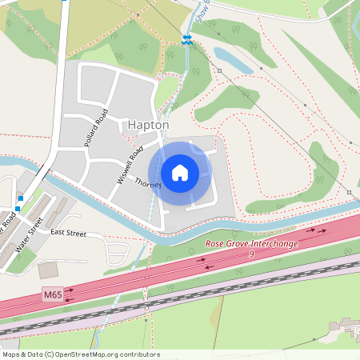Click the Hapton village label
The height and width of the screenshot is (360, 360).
pyautogui.click(x=148, y=126)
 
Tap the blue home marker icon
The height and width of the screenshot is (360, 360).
pyautogui.click(x=180, y=172)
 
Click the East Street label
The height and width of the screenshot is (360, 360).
pyautogui.click(x=67, y=233)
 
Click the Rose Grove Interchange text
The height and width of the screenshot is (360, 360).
pyautogui.click(x=252, y=242)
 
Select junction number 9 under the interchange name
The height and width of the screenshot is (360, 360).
pyautogui.click(x=252, y=253)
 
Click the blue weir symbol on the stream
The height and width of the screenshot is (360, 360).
pyautogui.click(x=186, y=39)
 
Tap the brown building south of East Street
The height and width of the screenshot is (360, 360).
pyautogui.click(x=48, y=270)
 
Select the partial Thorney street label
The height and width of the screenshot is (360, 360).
pyautogui.click(x=148, y=184)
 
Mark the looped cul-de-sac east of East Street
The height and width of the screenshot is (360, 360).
pyautogui.click(x=116, y=253)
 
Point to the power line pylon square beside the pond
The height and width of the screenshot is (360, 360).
pyautogui.click(x=219, y=70)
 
